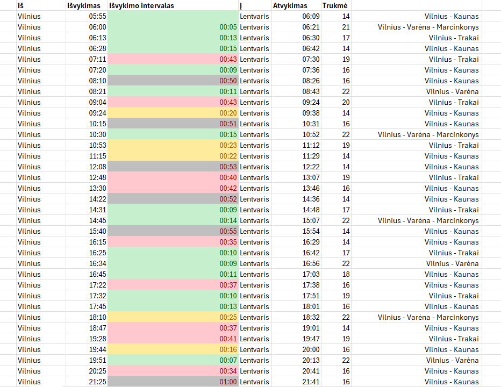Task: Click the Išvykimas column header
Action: click(84, 5)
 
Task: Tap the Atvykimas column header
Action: click(290, 5)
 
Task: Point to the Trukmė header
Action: click(334, 5)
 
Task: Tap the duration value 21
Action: click(346, 27)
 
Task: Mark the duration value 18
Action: click(346, 274)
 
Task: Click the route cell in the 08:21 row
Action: click(452, 91)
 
